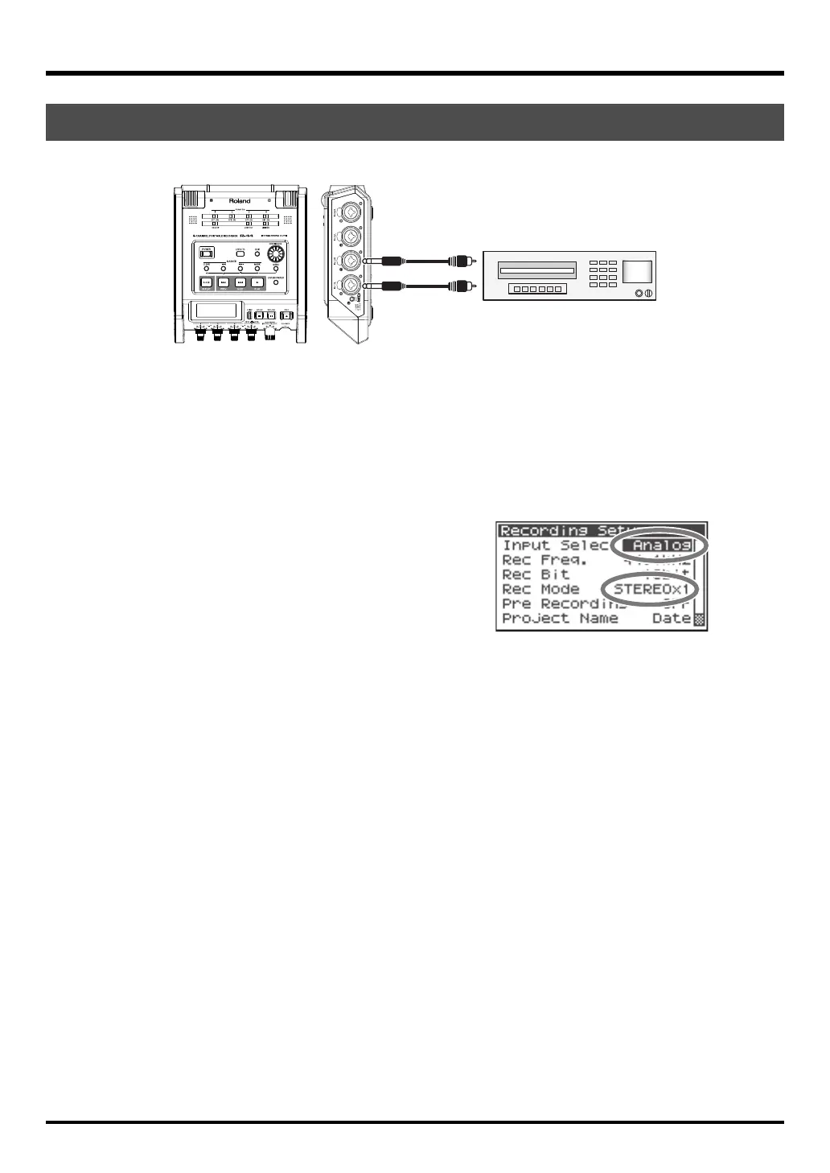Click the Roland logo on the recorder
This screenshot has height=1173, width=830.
pos(240,201)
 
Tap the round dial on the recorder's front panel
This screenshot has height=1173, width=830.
pos(275,255)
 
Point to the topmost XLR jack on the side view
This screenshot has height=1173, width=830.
pos(351,212)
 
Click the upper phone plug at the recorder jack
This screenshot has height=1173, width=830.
pos(378,260)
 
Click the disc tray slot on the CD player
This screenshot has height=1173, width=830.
pos(537,270)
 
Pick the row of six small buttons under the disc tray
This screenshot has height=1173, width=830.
pos(537,289)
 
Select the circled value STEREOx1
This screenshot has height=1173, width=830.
pos(651,589)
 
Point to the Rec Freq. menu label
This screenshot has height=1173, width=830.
pos(544,560)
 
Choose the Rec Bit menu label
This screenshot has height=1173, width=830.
pos(535,574)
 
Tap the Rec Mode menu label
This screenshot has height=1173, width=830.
pos(540,589)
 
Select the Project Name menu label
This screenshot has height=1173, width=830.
pos(559,619)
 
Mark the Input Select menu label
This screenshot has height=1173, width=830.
pos(555,545)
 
